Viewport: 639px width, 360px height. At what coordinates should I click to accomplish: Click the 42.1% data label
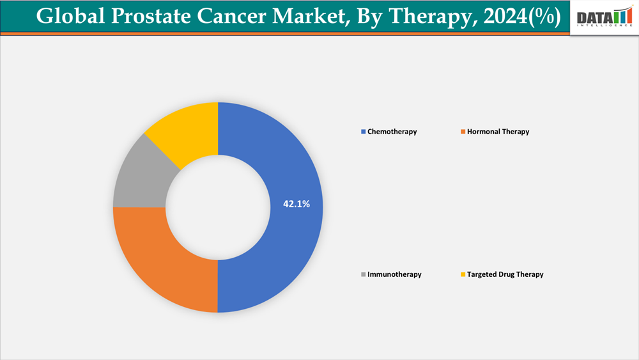pyautogui.click(x=296, y=204)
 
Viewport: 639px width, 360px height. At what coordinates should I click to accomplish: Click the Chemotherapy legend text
pyautogui.click(x=392, y=132)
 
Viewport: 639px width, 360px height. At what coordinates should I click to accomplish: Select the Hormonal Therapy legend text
pyautogui.click(x=498, y=132)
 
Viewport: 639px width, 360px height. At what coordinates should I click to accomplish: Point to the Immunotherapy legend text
pyautogui.click(x=394, y=274)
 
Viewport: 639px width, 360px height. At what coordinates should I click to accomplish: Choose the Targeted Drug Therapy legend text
pyautogui.click(x=505, y=274)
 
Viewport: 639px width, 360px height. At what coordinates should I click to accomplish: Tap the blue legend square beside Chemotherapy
pyautogui.click(x=363, y=132)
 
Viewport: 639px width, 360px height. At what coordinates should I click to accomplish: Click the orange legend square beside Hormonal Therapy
pyautogui.click(x=463, y=132)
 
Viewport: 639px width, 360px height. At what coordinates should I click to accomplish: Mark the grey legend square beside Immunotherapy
pyautogui.click(x=363, y=274)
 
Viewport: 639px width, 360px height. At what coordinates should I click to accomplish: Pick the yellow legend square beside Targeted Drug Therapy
pyautogui.click(x=463, y=274)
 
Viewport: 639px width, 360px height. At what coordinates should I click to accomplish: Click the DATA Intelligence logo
pyautogui.click(x=604, y=17)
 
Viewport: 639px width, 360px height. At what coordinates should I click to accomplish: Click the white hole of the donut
pyautogui.click(x=218, y=207)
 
